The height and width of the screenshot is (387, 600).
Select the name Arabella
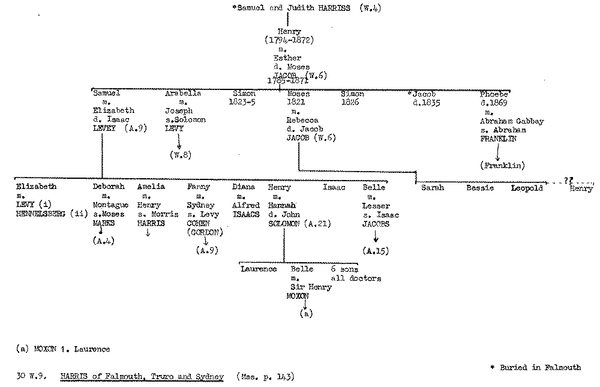(183, 94)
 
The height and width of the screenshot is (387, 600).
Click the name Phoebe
(494, 94)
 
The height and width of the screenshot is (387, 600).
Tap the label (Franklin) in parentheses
(502, 165)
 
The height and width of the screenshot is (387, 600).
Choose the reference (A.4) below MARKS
(103, 241)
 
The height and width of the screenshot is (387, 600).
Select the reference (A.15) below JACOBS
(376, 250)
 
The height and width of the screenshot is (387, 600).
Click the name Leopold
(527, 188)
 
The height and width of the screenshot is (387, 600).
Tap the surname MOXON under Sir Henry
(297, 296)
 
